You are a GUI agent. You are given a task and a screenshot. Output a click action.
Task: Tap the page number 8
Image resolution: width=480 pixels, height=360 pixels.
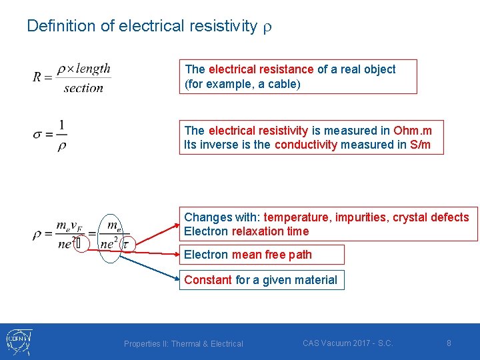(x=449, y=343)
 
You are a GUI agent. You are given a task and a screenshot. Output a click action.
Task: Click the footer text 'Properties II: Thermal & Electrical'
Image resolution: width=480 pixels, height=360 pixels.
(x=183, y=344)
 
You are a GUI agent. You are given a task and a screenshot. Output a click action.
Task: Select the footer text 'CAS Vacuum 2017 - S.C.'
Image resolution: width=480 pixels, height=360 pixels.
(x=347, y=343)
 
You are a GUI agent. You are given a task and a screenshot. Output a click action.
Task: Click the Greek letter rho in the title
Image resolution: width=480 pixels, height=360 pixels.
(x=268, y=27)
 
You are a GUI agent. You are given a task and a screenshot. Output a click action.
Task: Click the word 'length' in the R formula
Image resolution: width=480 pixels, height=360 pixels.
(x=93, y=69)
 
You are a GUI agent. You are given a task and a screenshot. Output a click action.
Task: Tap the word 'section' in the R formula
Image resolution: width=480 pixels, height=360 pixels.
(x=83, y=88)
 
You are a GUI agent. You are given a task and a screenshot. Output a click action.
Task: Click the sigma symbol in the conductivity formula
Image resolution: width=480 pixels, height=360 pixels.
(x=38, y=135)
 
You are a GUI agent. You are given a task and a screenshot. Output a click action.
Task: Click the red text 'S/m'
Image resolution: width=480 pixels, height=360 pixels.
(x=419, y=145)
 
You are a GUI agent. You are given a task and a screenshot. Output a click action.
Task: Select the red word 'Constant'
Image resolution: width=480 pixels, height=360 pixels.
(x=208, y=280)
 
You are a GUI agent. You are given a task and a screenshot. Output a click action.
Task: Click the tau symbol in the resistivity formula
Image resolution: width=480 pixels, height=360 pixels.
(x=125, y=245)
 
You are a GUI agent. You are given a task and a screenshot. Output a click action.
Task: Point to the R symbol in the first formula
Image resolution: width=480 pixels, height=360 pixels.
(x=38, y=77)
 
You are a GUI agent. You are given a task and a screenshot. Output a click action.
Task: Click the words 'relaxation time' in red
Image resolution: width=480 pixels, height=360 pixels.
(x=270, y=231)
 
